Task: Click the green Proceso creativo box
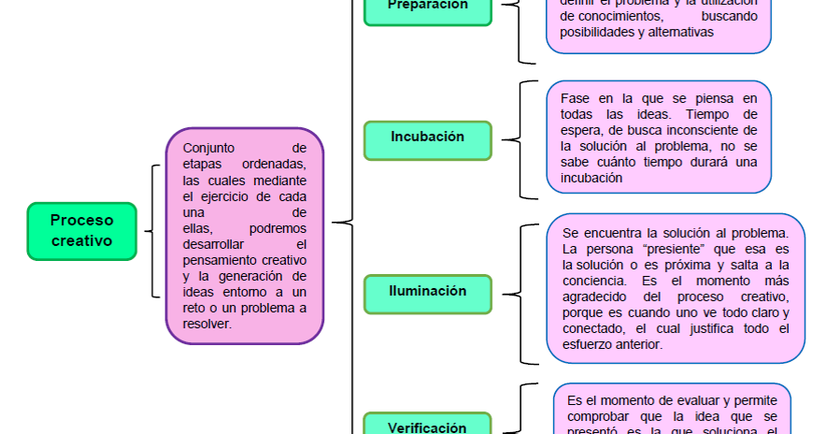[81, 231]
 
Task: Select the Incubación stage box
[427, 137]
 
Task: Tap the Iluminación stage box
[427, 292]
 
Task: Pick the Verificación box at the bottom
[427, 427]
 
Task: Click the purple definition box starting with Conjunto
[245, 236]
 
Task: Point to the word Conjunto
[209, 148]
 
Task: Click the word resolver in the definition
[208, 324]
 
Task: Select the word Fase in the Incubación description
[574, 98]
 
